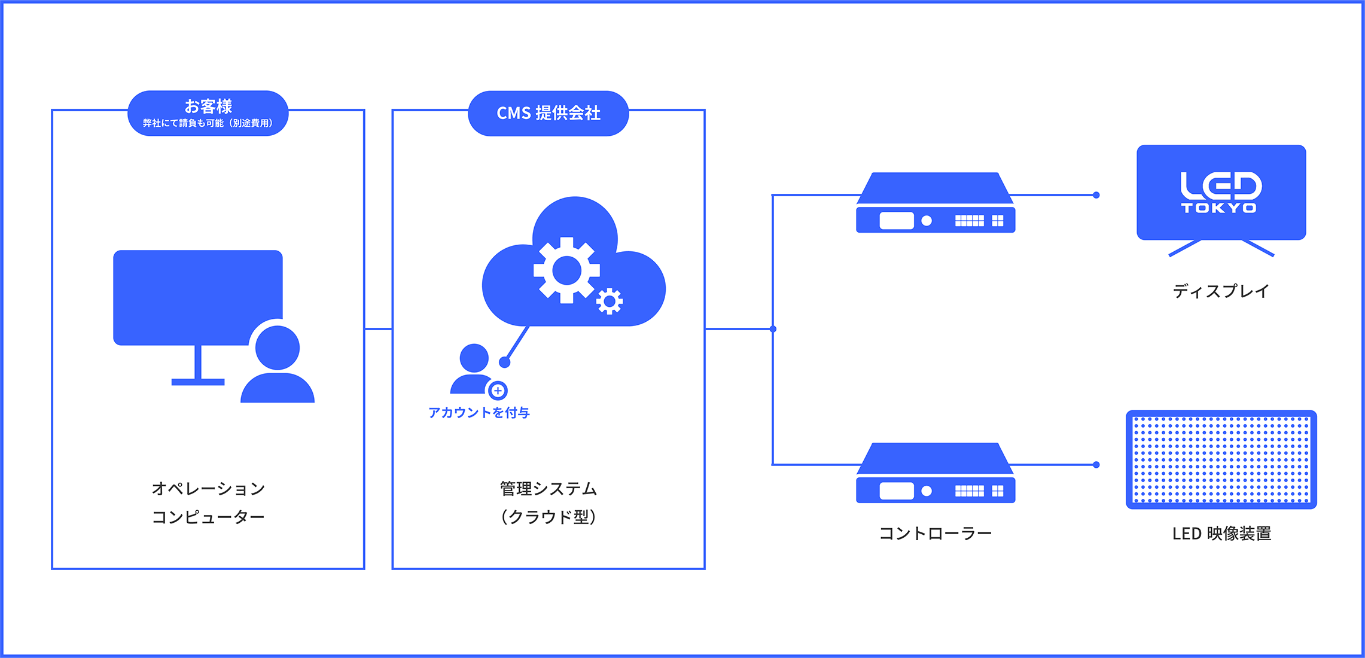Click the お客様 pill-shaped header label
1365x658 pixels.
tap(208, 113)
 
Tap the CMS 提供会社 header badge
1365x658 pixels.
tap(548, 113)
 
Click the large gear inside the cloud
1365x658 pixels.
tap(566, 271)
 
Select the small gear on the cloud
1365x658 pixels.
tap(610, 301)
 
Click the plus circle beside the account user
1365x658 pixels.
tap(498, 391)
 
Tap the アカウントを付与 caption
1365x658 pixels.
tap(479, 412)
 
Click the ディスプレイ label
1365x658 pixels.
tap(1220, 291)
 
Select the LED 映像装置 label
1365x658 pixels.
tap(1221, 533)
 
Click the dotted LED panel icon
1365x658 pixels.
tap(1221, 459)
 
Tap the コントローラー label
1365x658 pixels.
tap(936, 533)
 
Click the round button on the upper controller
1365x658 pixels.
tap(927, 221)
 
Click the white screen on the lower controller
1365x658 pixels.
tap(896, 491)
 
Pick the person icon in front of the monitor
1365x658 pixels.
tap(278, 365)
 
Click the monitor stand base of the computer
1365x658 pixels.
tap(198, 382)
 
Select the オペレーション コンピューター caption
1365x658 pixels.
tap(208, 502)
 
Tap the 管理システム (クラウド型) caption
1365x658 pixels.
tap(548, 502)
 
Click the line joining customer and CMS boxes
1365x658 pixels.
tap(378, 328)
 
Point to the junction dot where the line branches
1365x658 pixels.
tap(773, 328)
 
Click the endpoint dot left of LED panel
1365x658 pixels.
tap(1096, 465)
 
